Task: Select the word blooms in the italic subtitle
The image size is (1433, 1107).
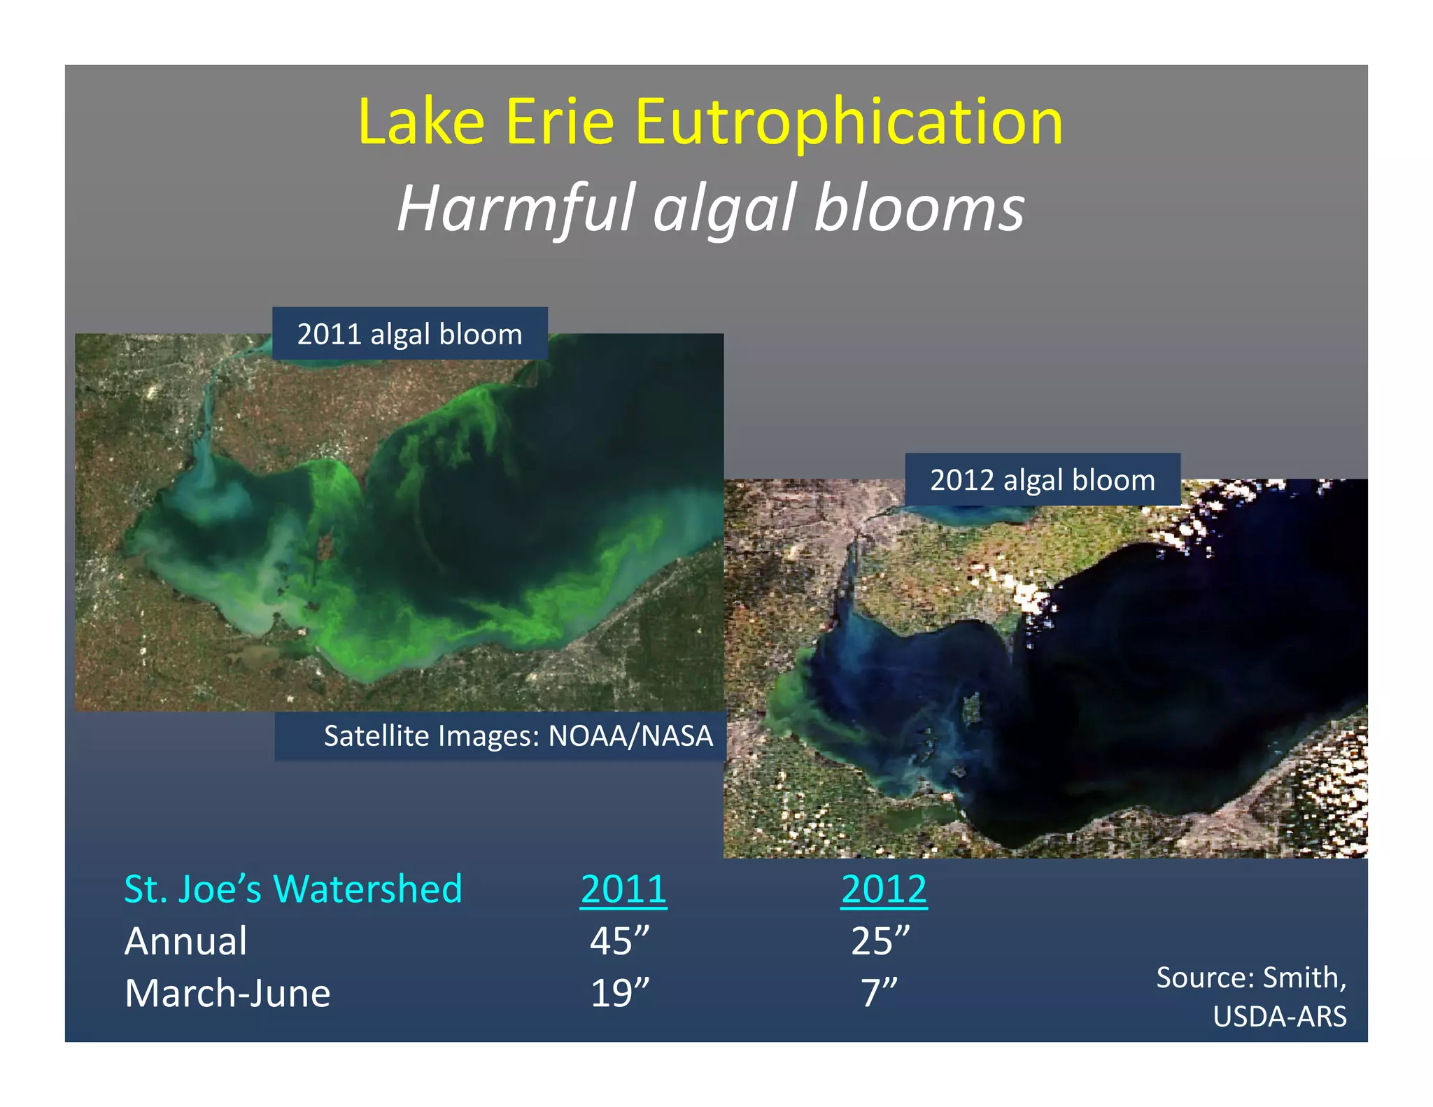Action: point(919,209)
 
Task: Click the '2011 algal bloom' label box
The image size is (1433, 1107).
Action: point(409,334)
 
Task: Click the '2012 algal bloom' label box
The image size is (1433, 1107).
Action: point(1042,480)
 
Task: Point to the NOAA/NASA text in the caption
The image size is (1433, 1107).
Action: point(630,736)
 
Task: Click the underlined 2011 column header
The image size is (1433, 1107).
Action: point(623,889)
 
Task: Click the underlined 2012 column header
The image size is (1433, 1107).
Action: point(884,889)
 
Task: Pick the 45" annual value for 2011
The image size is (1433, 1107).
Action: point(619,941)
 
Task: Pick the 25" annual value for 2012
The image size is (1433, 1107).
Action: point(880,941)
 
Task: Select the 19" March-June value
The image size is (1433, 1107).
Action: point(619,994)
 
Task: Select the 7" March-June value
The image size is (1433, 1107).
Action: point(878,994)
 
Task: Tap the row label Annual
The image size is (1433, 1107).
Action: point(185,941)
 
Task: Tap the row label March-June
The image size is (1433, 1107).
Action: point(227,994)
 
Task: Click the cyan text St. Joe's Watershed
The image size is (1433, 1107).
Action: point(293,889)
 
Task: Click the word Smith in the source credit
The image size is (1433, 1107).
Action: point(1304,978)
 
